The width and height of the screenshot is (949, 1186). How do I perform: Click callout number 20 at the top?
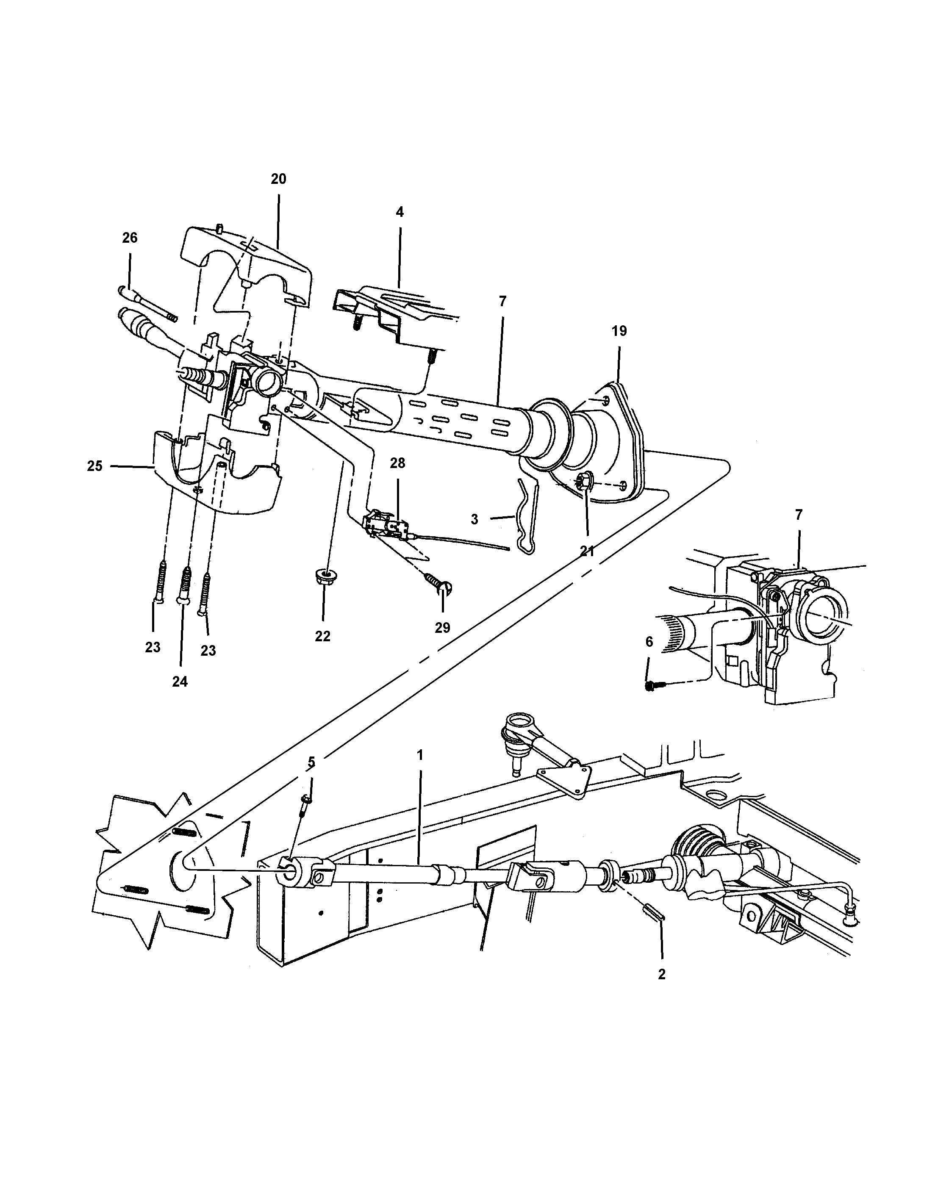coord(278,179)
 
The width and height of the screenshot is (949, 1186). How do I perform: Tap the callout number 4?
coord(400,212)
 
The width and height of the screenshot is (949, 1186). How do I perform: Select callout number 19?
coord(619,331)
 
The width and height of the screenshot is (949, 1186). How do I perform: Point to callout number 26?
coord(130,238)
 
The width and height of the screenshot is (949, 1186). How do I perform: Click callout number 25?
coord(94,466)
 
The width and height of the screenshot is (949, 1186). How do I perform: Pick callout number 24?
coord(180,681)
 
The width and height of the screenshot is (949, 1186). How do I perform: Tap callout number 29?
coord(442,628)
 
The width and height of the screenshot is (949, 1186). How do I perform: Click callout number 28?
coord(397,463)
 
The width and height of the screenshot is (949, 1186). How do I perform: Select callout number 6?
coord(649,642)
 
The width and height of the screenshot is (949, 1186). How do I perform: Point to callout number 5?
coord(311,762)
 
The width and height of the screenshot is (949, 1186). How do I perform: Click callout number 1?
coord(420,755)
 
